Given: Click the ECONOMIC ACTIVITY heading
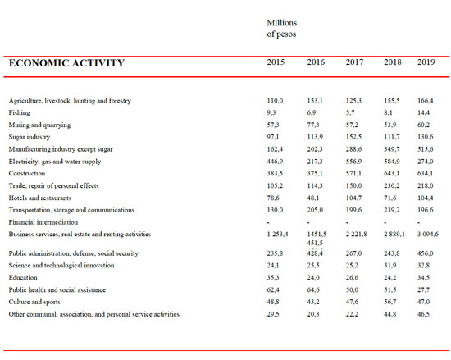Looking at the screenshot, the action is pos(66,62).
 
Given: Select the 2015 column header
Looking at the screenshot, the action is pos(276,62).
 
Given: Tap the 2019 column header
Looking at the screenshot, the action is pos(426,62).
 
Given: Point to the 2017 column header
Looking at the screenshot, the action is pos(354,62).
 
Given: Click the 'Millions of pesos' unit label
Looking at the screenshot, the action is pos(281,28).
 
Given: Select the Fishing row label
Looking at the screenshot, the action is pos(20,112).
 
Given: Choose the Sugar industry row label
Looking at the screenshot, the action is pos(30,137).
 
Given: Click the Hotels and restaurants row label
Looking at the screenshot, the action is pos(40,198).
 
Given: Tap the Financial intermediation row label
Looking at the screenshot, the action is pos(43,222).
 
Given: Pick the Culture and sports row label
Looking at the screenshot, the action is pos(34,302).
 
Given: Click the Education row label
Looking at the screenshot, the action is pos(23,277).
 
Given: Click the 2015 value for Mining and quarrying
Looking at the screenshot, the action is pos(273,125).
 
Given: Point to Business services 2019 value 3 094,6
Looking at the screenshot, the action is pos(428,234).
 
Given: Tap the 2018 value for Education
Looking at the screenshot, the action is pos(390,277).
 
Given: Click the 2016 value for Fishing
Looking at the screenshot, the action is pos(312,112).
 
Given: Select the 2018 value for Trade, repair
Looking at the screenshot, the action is pos(391,185).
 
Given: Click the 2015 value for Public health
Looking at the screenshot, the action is pos(273,289).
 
